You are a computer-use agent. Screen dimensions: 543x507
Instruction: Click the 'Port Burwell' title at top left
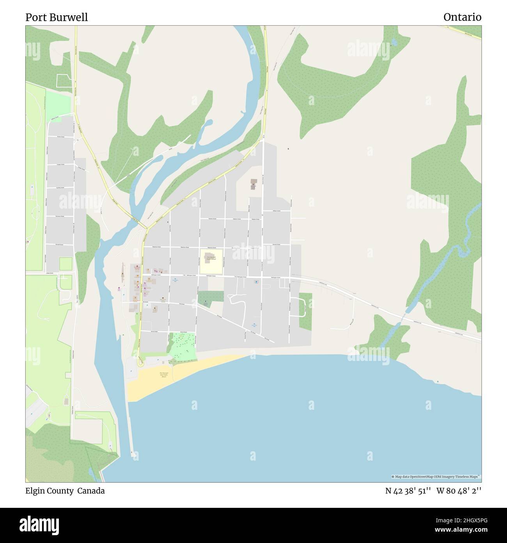click(x=57, y=17)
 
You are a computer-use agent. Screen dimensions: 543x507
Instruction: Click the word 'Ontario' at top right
click(x=462, y=17)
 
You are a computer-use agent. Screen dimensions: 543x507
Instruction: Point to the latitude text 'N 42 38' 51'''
click(x=408, y=491)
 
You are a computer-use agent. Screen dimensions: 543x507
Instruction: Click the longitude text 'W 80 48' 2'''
click(x=459, y=491)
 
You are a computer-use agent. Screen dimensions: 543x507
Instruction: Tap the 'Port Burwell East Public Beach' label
click(x=163, y=375)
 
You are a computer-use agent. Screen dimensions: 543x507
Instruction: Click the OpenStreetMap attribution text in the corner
click(x=436, y=477)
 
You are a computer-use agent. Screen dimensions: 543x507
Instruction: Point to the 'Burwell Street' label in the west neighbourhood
click(x=59, y=245)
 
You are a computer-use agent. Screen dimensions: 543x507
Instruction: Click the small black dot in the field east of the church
click(x=288, y=149)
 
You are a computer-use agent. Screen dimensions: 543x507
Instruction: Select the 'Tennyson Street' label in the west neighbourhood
click(x=59, y=216)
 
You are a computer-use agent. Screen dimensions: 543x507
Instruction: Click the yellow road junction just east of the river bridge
click(x=146, y=228)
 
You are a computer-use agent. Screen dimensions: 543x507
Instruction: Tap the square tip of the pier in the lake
click(x=133, y=454)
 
